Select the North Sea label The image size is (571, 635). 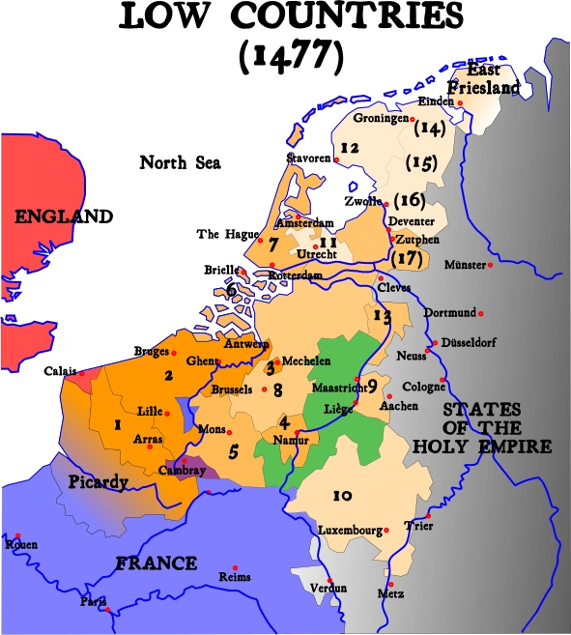(x=180, y=162)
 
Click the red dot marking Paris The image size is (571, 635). (x=106, y=609)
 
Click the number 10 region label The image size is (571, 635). (x=341, y=496)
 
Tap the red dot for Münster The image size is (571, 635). (x=491, y=264)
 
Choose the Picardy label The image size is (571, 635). (x=97, y=481)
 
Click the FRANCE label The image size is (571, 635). (x=157, y=563)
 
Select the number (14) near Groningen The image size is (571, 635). (x=427, y=127)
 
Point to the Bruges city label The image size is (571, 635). (x=152, y=352)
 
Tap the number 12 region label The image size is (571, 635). (x=350, y=148)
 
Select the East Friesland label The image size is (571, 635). (x=493, y=79)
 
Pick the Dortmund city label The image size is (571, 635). (x=449, y=313)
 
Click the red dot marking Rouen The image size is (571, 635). (x=17, y=534)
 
